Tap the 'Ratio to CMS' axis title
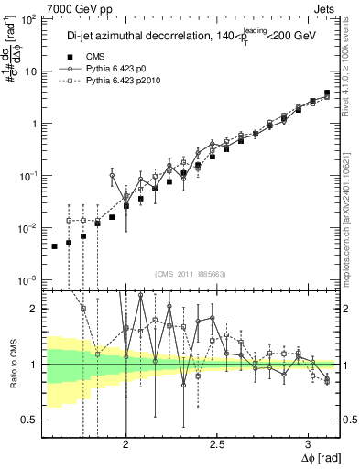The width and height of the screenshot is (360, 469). click(11, 365)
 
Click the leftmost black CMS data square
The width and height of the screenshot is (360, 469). click(54, 246)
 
